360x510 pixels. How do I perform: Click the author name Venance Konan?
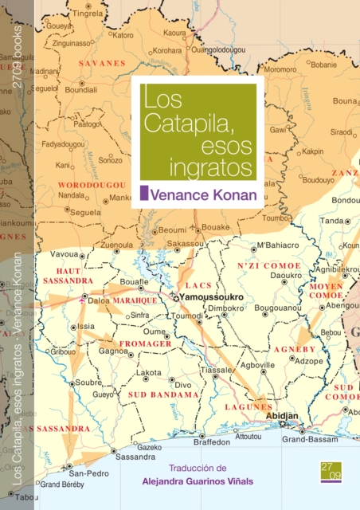(203, 192)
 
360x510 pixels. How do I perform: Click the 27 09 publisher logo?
(331, 472)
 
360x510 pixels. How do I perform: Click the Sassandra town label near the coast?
(135, 457)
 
